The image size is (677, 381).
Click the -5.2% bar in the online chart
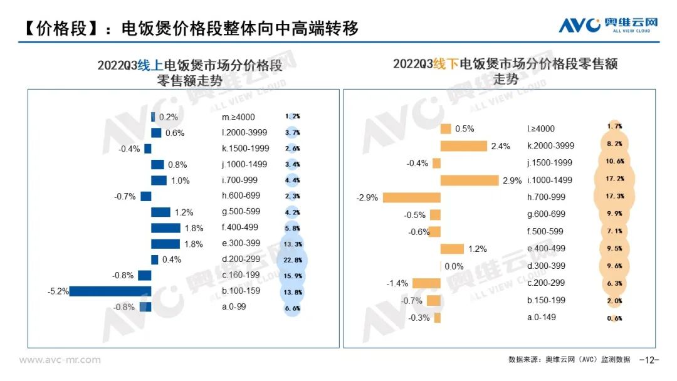[x=110, y=291]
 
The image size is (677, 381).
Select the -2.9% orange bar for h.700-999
[x=411, y=197]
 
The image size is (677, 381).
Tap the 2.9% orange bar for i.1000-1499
[x=470, y=180]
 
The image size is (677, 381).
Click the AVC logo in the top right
[x=608, y=25]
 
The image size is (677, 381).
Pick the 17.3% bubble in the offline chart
[x=615, y=197]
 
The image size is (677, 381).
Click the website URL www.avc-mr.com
[x=60, y=360]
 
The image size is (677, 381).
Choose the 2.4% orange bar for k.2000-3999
[x=463, y=146]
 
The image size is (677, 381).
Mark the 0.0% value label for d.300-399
[x=454, y=266]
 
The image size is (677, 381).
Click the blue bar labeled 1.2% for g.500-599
[x=160, y=212]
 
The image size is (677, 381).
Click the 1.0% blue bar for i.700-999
[x=159, y=180]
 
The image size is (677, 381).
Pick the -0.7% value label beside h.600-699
[x=125, y=197]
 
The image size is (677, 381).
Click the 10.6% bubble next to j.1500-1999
[x=615, y=163]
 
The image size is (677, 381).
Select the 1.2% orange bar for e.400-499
[x=452, y=249]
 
